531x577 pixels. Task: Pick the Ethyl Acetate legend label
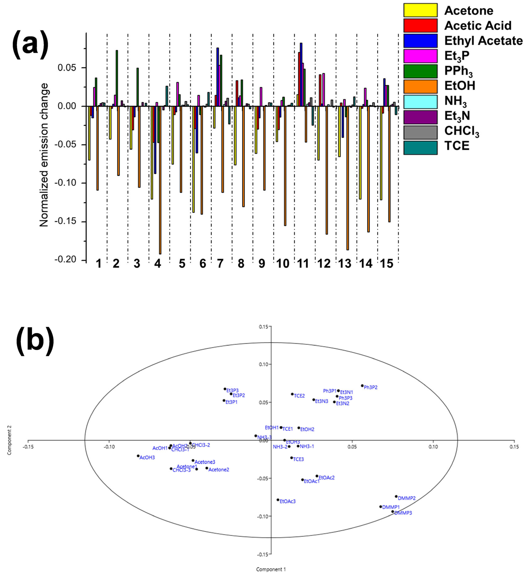click(483, 41)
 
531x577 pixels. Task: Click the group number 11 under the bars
click(303, 263)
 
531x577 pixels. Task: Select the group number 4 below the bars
click(157, 263)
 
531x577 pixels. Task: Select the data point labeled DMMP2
click(396, 496)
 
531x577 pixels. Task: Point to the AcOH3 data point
click(138, 456)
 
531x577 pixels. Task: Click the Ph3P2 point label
click(371, 388)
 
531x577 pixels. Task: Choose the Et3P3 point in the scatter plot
click(225, 389)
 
